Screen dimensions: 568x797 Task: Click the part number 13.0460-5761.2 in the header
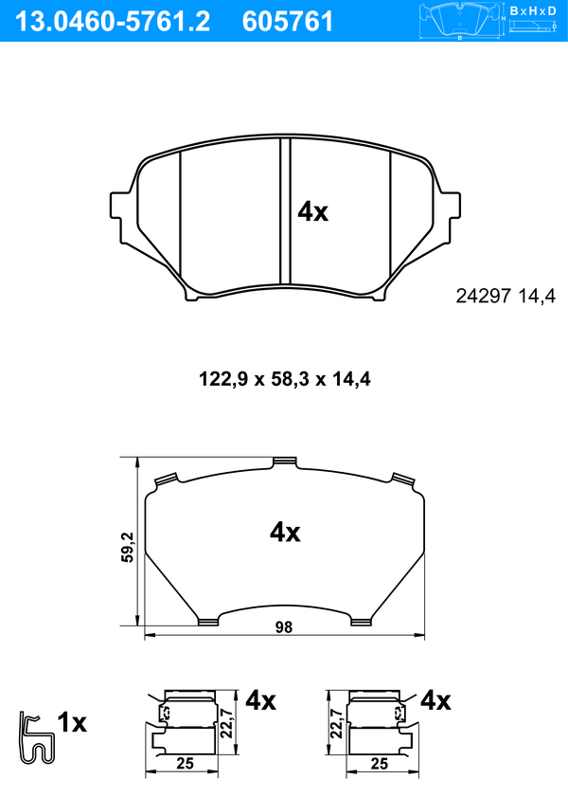pos(113,22)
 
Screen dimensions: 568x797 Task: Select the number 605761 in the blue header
pos(288,22)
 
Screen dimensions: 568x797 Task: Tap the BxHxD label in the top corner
pos(533,11)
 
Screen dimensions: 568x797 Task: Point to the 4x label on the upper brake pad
pos(312,211)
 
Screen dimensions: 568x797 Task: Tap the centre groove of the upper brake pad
pos(285,212)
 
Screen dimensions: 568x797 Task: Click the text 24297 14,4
pos(506,296)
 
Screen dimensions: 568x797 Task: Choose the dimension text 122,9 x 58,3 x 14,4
pos(285,379)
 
